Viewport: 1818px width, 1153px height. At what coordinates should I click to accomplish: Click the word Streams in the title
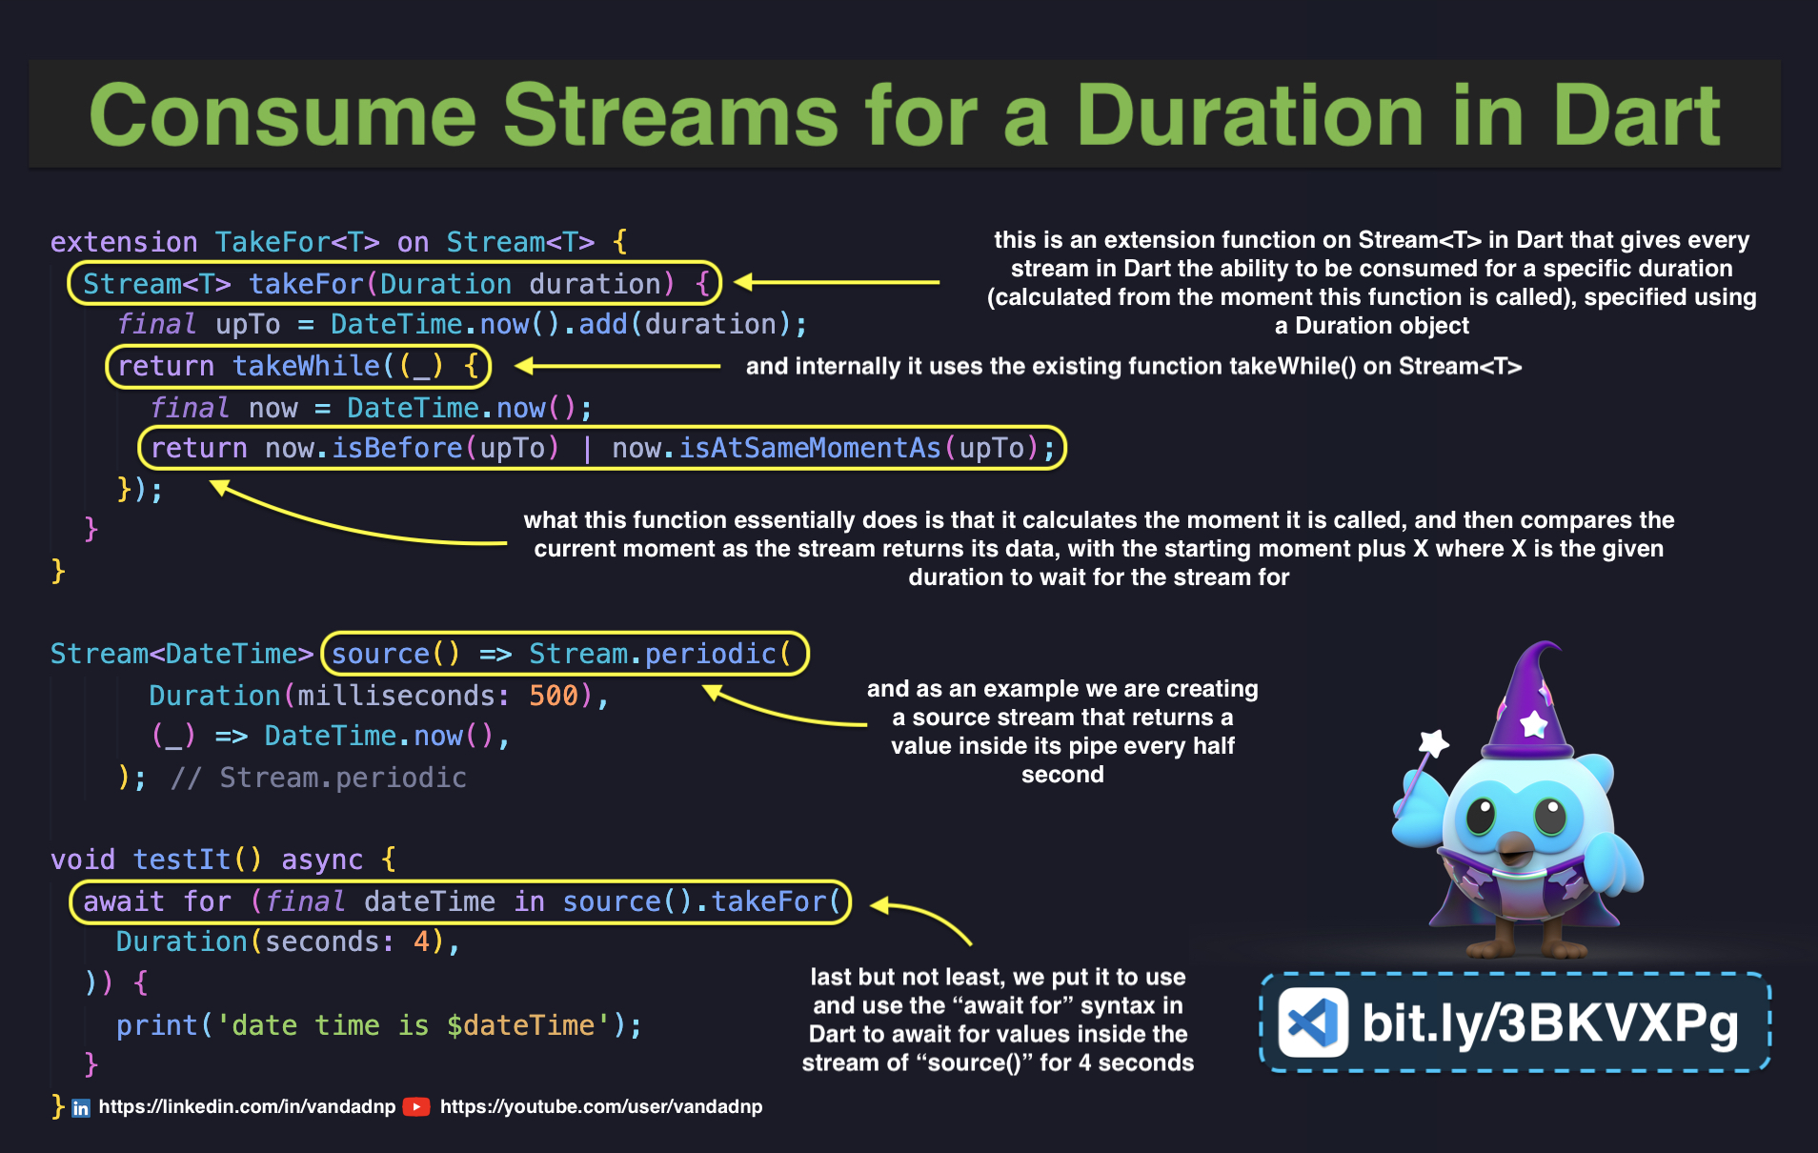click(671, 115)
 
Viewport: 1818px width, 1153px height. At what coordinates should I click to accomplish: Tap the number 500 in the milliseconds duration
click(554, 696)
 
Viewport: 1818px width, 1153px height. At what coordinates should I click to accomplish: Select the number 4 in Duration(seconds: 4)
click(421, 941)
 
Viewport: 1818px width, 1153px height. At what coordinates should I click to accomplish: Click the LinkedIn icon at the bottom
click(81, 1107)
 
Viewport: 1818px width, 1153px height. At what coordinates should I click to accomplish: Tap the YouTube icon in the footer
click(416, 1106)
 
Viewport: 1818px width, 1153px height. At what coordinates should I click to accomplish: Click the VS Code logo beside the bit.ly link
click(1312, 1022)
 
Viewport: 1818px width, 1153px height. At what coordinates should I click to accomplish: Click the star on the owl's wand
click(1433, 742)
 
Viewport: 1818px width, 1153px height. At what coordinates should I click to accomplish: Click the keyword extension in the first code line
click(124, 242)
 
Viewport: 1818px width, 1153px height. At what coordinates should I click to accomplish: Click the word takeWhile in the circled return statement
click(307, 366)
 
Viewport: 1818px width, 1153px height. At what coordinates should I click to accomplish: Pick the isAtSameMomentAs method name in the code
click(810, 448)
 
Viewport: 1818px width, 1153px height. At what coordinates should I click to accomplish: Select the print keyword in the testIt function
click(157, 1025)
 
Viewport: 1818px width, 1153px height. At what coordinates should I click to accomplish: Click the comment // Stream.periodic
click(318, 778)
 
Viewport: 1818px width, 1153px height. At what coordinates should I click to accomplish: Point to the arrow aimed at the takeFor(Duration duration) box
click(837, 281)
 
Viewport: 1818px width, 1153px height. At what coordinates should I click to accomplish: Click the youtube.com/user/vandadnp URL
click(601, 1106)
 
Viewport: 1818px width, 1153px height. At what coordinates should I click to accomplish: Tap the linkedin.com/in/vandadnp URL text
click(247, 1106)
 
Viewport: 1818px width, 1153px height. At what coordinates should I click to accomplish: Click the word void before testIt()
click(83, 860)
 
